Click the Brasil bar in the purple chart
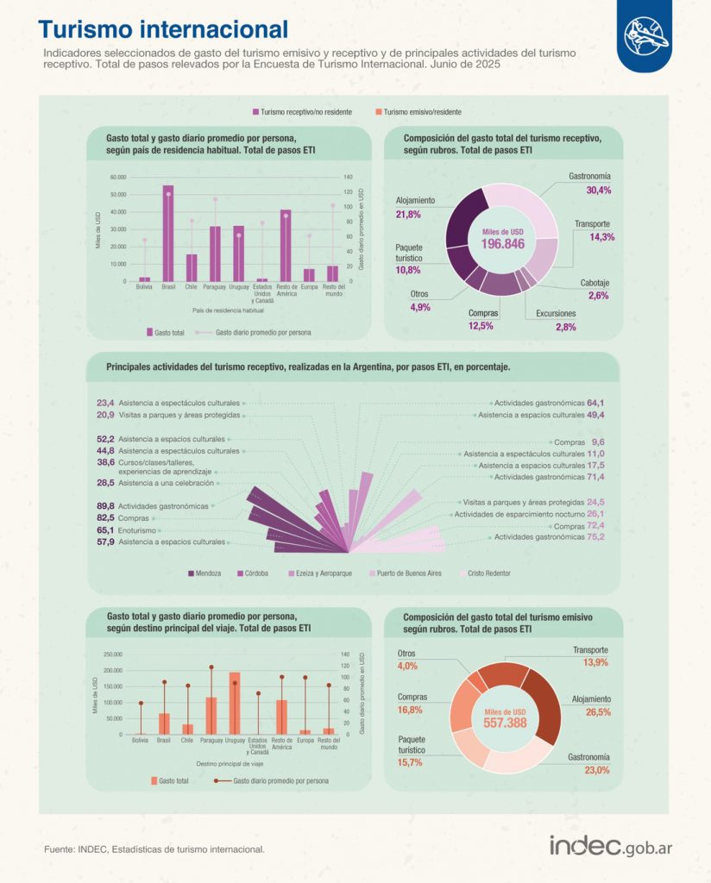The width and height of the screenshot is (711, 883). point(167,233)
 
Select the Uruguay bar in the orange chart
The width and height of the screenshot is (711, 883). point(235,703)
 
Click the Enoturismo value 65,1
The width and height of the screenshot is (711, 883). point(106,530)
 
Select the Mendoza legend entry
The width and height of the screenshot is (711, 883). point(204,573)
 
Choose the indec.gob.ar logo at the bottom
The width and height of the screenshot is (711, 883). point(610,846)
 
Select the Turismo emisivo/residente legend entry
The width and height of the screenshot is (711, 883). point(418,112)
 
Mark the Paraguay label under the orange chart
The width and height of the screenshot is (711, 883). point(211,740)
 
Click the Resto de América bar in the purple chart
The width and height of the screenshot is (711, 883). point(285,245)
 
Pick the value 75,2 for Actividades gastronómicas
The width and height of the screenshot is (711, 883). point(595,537)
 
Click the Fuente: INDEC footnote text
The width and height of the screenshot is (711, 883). point(154,849)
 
